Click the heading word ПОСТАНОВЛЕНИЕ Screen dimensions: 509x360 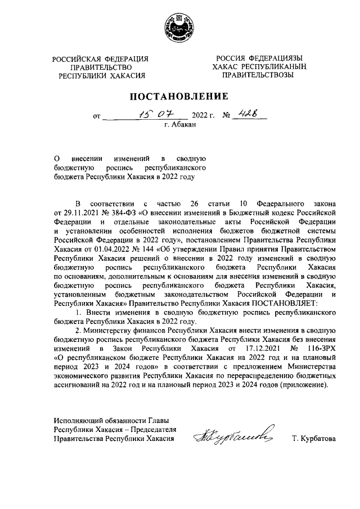coord(180,96)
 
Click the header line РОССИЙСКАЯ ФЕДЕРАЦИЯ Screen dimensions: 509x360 coord(101,59)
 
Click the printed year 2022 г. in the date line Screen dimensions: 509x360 coord(204,117)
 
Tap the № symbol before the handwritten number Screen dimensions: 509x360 coord(227,117)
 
